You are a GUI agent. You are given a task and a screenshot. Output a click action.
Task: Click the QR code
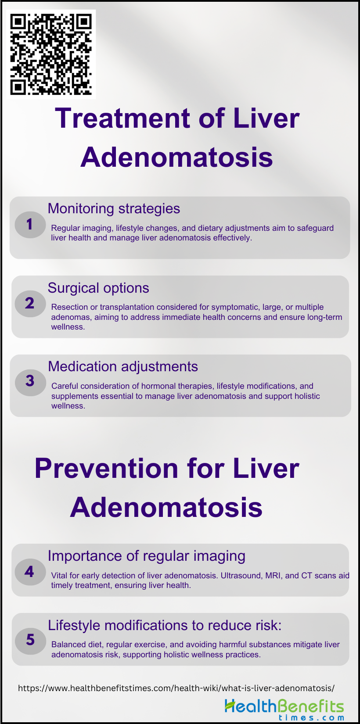pyautogui.click(x=51, y=54)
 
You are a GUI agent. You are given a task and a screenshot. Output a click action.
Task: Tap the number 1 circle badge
pyautogui.click(x=30, y=225)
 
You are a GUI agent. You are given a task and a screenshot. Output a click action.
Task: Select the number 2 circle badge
pyautogui.click(x=30, y=304)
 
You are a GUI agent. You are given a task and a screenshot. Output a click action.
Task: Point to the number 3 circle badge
pyautogui.click(x=30, y=382)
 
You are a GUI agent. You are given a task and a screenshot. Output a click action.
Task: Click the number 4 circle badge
pyautogui.click(x=30, y=572)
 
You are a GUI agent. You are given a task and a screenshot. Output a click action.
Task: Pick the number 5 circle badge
pyautogui.click(x=30, y=641)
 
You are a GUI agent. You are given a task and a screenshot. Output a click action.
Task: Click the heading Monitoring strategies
pyautogui.click(x=114, y=209)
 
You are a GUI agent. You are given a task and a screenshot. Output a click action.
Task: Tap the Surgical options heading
pyautogui.click(x=98, y=288)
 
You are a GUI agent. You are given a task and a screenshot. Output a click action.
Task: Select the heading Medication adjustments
pyautogui.click(x=123, y=366)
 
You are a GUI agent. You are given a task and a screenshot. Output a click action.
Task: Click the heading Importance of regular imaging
pyautogui.click(x=147, y=556)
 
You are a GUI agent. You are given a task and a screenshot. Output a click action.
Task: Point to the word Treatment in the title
pyautogui.click(x=122, y=118)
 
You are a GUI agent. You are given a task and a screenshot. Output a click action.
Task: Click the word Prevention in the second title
pyautogui.click(x=106, y=468)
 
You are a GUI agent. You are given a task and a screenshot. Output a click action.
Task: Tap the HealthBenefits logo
pyautogui.click(x=284, y=709)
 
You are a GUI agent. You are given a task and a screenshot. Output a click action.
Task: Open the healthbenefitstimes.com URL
pyautogui.click(x=176, y=688)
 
